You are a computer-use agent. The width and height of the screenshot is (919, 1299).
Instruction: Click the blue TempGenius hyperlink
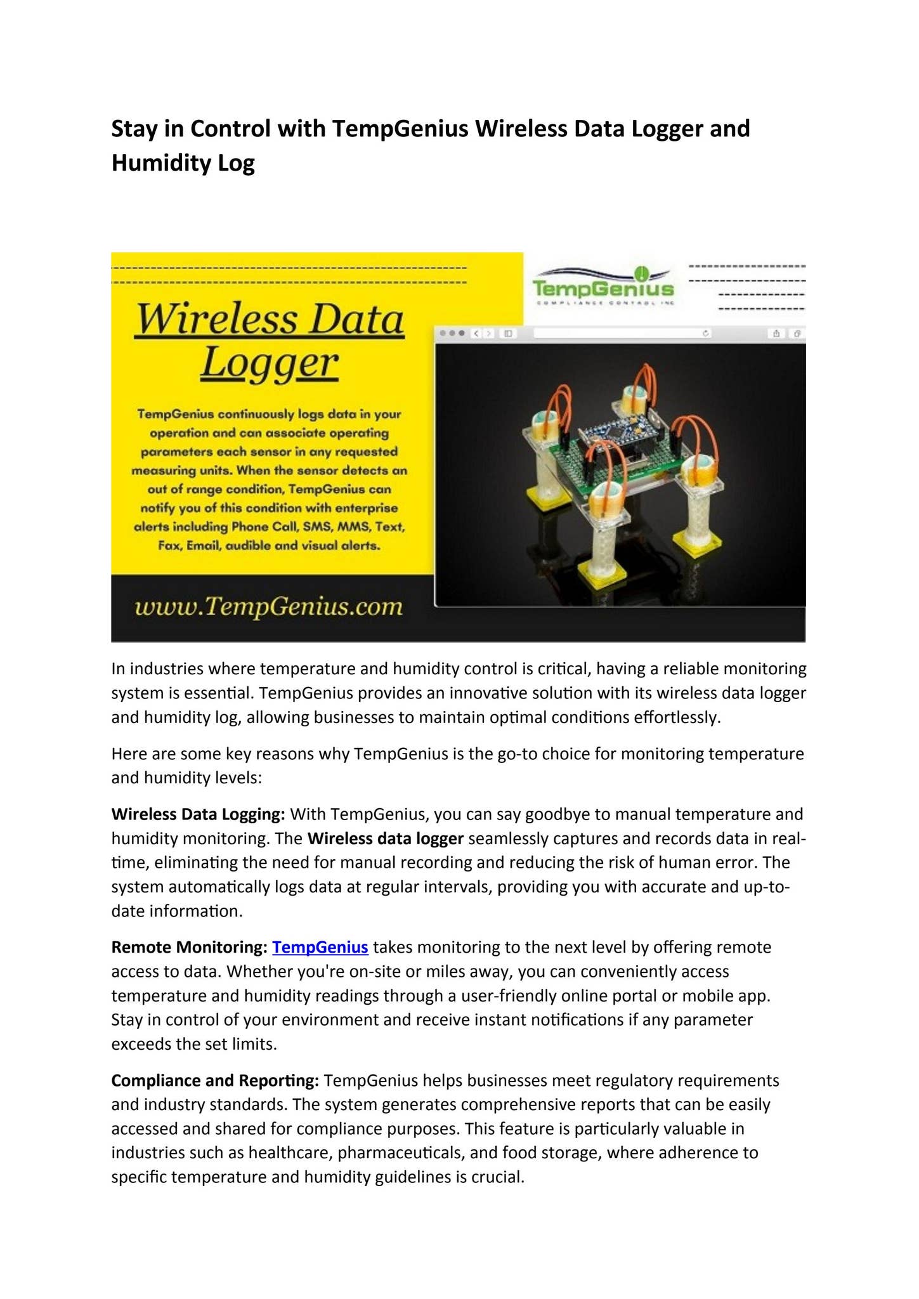(x=320, y=947)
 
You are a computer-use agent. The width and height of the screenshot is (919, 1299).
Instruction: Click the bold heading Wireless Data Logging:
(x=198, y=814)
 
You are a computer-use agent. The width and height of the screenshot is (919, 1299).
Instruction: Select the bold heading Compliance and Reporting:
(x=214, y=1080)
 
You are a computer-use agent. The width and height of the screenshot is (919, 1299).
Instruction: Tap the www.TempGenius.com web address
(x=269, y=606)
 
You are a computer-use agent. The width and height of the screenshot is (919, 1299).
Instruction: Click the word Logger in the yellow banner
(x=270, y=363)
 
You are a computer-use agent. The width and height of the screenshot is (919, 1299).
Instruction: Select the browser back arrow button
(x=477, y=333)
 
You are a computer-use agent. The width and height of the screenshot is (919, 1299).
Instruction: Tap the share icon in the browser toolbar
(x=776, y=333)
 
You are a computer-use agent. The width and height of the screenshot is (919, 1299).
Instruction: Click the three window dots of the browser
(x=453, y=333)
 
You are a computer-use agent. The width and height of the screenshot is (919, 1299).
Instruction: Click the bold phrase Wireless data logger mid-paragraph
(x=386, y=839)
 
